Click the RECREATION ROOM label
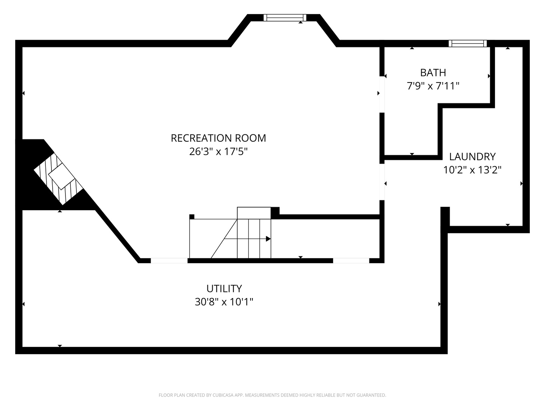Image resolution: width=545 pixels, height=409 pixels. coord(218,138)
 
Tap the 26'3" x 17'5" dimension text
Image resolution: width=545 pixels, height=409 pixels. coord(218,151)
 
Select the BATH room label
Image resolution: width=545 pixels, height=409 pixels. coord(433,73)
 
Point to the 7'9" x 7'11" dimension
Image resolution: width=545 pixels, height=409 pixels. coord(433,86)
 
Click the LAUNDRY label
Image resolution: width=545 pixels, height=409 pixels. coord(472,157)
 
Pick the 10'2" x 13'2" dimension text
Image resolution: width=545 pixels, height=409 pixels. coord(472,170)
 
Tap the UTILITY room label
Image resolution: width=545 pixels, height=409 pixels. coord(224,289)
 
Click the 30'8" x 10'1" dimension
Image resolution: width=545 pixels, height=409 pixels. coord(224,302)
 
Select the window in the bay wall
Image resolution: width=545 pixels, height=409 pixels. coord(285,18)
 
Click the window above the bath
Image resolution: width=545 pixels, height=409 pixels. coord(467,44)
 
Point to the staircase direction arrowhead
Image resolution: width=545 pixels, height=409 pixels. coord(268,239)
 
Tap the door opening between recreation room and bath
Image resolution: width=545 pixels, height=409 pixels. coord(382,95)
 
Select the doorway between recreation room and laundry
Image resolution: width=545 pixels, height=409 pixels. coord(382,182)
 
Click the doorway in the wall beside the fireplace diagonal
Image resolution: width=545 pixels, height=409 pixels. coord(169,261)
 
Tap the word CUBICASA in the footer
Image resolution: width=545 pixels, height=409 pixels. coord(223,395)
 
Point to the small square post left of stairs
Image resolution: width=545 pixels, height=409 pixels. coord(192,217)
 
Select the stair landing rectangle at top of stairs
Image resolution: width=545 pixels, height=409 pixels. coord(254,213)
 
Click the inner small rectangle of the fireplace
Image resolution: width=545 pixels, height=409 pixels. coord(61,176)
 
